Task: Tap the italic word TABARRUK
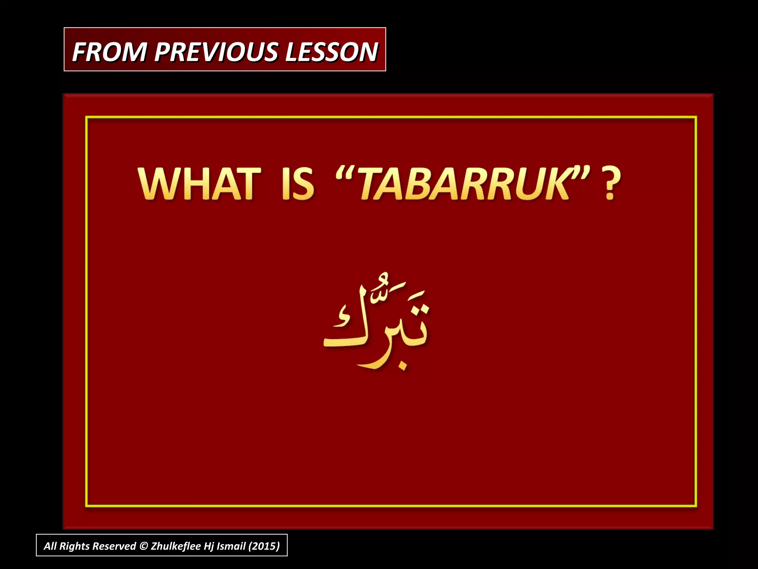(x=464, y=184)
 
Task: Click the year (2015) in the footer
(x=264, y=546)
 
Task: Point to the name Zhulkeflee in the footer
(x=175, y=546)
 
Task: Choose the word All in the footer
(x=50, y=546)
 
